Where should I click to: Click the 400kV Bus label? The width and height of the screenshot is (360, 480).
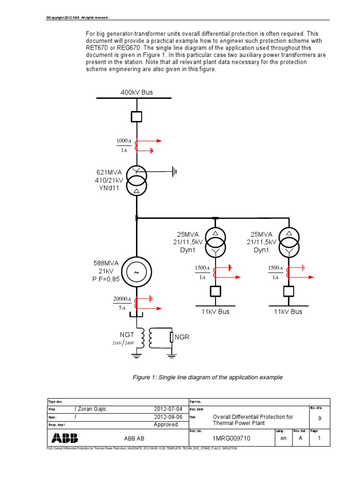(136, 92)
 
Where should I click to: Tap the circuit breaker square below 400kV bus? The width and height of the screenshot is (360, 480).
(136, 116)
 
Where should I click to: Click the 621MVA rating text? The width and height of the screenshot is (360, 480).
(109, 172)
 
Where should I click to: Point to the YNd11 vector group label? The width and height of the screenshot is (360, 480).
(109, 187)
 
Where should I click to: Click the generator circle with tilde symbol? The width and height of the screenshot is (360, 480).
(136, 272)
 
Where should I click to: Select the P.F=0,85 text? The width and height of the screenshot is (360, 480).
(107, 279)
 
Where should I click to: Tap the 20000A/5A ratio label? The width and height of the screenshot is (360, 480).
(122, 304)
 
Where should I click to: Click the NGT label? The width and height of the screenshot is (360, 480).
(126, 335)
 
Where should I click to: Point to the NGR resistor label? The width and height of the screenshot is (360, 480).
(182, 337)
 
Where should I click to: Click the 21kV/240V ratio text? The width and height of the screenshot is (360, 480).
(123, 343)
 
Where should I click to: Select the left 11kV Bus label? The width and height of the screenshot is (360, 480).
(216, 312)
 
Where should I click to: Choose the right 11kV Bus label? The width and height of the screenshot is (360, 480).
(288, 312)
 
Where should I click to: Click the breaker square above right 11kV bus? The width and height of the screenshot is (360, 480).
(288, 292)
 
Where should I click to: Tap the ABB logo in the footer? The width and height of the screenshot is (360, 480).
(65, 438)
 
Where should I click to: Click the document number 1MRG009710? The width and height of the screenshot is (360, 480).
(232, 439)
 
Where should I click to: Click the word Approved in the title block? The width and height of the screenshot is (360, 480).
(166, 425)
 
